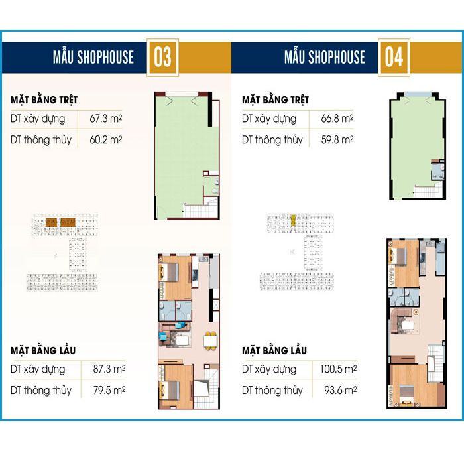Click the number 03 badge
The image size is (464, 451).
pos(162,58)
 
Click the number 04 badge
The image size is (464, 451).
pos(394,58)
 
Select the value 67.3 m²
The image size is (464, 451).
pos(106,119)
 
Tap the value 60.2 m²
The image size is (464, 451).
pos(106,139)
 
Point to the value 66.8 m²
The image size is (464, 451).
pos(337,119)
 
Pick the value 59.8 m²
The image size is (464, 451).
pos(337,139)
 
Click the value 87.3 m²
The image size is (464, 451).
pos(109,369)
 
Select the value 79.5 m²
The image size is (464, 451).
pos(109,390)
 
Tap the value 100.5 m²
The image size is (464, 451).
pos(338,369)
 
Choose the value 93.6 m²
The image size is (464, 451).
pos(340,390)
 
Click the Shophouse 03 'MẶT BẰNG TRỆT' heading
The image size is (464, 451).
pos(44,99)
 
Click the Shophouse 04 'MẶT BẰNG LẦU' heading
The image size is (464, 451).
pos(274,350)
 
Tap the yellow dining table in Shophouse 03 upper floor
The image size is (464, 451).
pos(210,341)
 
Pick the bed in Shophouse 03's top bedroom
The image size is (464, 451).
pos(169,272)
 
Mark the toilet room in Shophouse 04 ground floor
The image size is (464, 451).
pos(438,171)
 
